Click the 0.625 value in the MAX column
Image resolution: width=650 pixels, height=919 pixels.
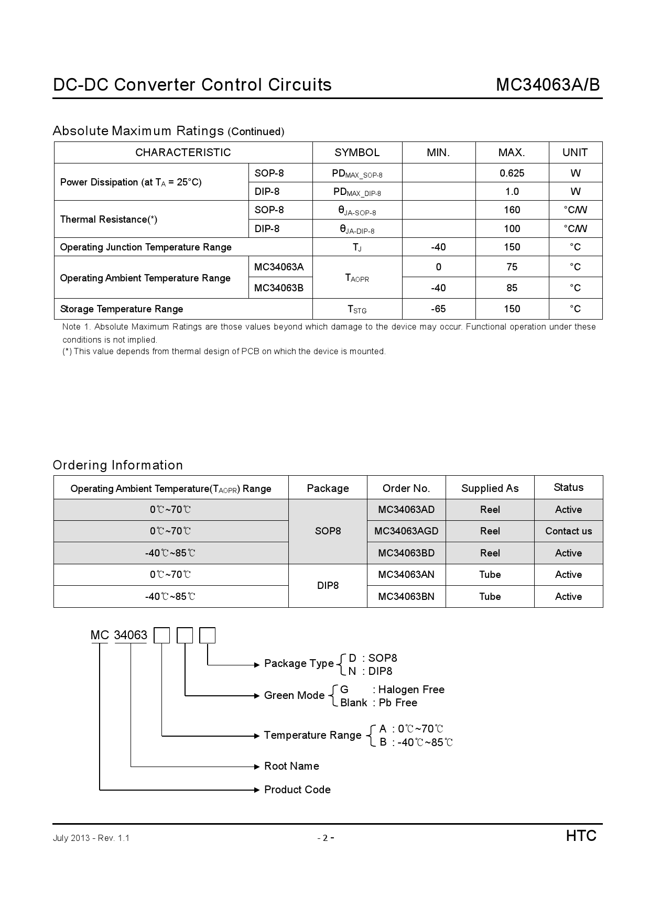[x=512, y=173]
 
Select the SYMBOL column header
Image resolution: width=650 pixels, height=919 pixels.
[x=357, y=152]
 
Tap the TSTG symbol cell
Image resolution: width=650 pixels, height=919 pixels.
[x=357, y=309]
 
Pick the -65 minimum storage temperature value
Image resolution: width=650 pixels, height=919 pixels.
[x=438, y=309]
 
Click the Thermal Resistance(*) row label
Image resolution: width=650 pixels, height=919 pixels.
[x=109, y=220]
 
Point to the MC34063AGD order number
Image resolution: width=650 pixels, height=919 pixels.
[x=406, y=531]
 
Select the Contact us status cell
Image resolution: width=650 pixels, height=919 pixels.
[x=568, y=531]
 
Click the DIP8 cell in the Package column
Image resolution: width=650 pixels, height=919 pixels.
[x=328, y=586]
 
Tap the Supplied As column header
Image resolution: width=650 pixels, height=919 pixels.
[x=490, y=488]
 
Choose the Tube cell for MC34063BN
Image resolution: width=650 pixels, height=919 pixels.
[x=490, y=597]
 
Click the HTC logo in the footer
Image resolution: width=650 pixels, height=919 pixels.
[x=581, y=836]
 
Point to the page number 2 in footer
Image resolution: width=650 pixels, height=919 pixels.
[x=325, y=838]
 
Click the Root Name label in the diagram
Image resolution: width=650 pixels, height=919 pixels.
[x=291, y=766]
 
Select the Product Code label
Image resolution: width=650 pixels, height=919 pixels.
[x=297, y=790]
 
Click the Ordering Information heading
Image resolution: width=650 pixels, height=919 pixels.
[x=118, y=465]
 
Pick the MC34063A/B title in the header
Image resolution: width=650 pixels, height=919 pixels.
[x=548, y=85]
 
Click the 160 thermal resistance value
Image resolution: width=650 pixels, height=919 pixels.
[x=512, y=210]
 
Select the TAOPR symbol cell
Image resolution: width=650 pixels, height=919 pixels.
[x=357, y=278]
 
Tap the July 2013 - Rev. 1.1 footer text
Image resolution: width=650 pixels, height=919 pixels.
[x=91, y=838]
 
